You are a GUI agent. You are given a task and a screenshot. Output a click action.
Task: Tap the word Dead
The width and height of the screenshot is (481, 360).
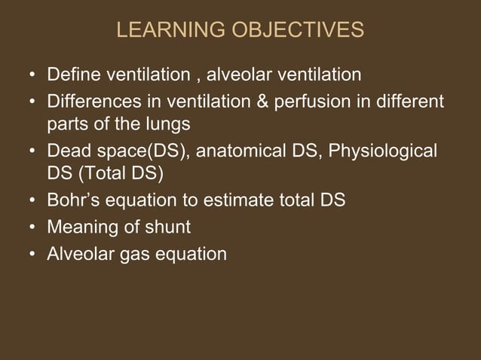click(68, 151)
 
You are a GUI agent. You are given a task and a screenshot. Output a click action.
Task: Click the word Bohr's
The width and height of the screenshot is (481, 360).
click(72, 202)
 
